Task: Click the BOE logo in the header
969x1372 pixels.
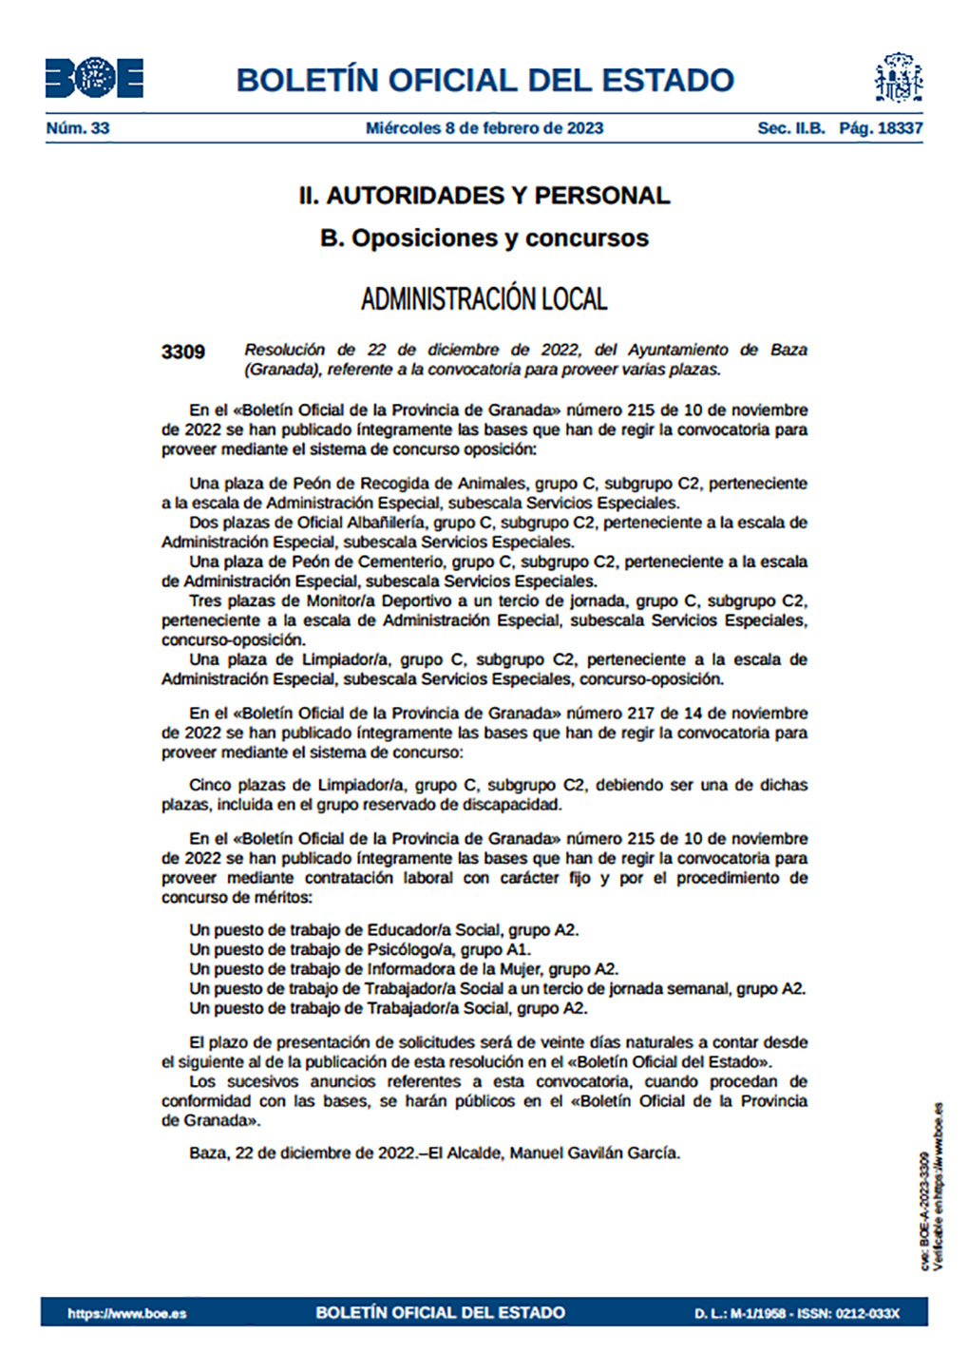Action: click(94, 78)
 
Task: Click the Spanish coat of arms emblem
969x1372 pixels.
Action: click(898, 78)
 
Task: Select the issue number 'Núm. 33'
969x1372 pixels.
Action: click(78, 128)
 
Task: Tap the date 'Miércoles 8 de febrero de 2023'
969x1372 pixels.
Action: click(484, 128)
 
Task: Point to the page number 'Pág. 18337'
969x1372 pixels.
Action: click(881, 128)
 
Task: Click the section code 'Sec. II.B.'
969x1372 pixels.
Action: click(791, 128)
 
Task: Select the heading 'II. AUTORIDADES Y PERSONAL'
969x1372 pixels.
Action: click(484, 196)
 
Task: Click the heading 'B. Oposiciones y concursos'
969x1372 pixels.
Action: click(484, 238)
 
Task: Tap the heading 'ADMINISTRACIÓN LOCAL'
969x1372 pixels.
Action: click(484, 299)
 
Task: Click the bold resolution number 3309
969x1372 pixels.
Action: click(183, 352)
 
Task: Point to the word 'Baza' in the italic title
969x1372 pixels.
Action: click(788, 350)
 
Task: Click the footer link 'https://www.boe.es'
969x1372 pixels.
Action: click(127, 1313)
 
